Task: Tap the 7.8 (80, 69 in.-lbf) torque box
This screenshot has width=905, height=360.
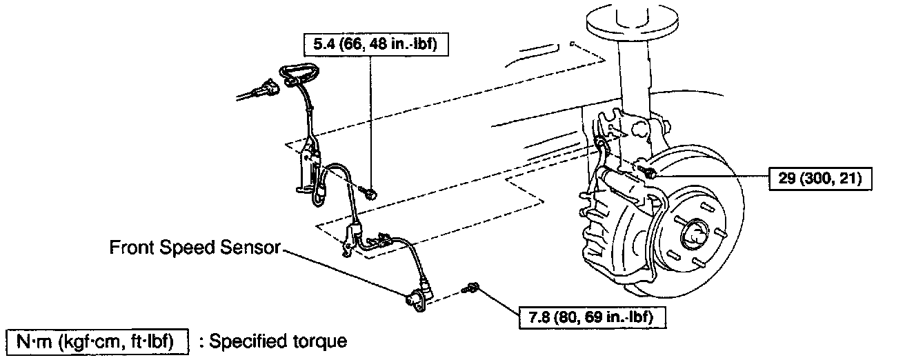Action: (x=587, y=318)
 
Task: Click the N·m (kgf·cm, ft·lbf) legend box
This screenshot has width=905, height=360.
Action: (x=97, y=341)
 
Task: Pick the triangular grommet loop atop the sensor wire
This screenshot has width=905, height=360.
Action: (x=297, y=71)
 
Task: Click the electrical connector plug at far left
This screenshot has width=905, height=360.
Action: (x=264, y=90)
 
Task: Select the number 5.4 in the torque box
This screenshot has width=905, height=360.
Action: (x=323, y=45)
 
